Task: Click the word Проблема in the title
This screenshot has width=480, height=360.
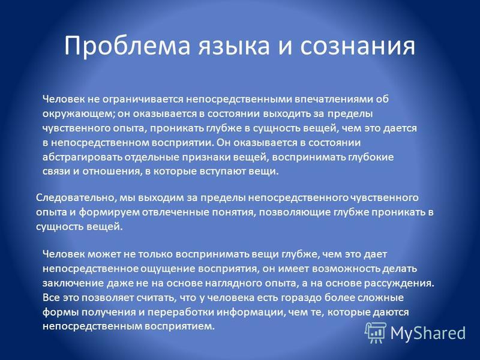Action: click(127, 46)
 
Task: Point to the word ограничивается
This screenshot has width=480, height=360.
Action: click(143, 100)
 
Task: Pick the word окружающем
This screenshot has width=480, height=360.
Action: click(78, 114)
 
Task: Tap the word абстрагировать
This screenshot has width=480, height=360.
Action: click(82, 157)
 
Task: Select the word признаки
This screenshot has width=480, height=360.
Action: click(206, 157)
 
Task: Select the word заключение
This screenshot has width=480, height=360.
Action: click(73, 283)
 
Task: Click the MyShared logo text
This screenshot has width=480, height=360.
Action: click(428, 332)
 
